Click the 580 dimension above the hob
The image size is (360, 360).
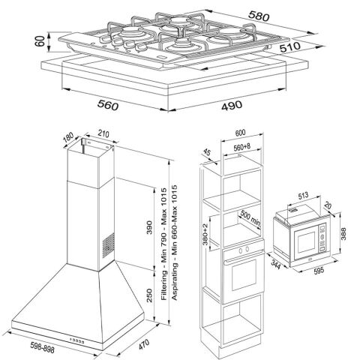click(x=259, y=16)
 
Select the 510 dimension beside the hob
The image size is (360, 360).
click(x=290, y=46)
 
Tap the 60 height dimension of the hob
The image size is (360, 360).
click(x=40, y=41)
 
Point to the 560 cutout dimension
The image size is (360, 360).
click(x=108, y=105)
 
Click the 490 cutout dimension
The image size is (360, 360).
click(x=232, y=105)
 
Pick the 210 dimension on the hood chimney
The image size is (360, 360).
click(x=103, y=134)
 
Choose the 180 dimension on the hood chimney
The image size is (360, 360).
click(x=68, y=137)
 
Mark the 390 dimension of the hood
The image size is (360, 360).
click(x=149, y=227)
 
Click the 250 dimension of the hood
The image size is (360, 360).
click(x=149, y=295)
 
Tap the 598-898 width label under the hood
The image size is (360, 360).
click(x=42, y=347)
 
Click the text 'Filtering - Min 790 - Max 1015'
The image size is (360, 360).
click(x=163, y=244)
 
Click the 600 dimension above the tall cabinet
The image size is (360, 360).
click(x=241, y=133)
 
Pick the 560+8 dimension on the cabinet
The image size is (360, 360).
click(x=241, y=147)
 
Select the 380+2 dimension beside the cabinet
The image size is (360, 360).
click(x=205, y=234)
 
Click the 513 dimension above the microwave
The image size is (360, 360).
click(x=303, y=195)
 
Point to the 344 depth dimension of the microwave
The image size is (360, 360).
click(x=275, y=265)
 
